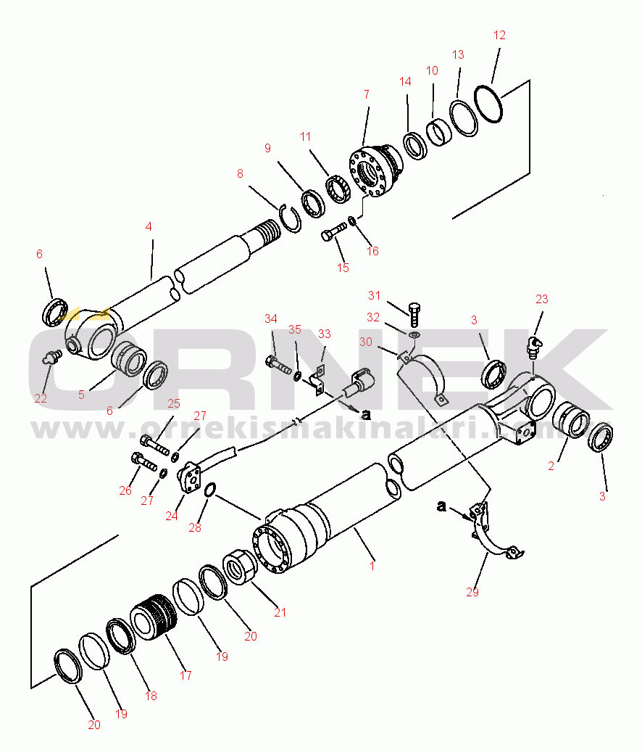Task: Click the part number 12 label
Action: pyautogui.click(x=499, y=35)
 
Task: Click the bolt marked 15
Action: pyautogui.click(x=331, y=234)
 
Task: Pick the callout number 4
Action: pyautogui.click(x=148, y=226)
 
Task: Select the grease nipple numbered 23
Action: pyautogui.click(x=533, y=344)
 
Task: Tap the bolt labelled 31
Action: pyautogui.click(x=413, y=313)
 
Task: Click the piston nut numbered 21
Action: pyautogui.click(x=241, y=566)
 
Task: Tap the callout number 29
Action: pyautogui.click(x=472, y=593)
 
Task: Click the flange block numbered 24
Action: pyautogui.click(x=190, y=477)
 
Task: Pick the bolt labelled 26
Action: pyautogui.click(x=144, y=460)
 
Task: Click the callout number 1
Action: pyautogui.click(x=372, y=565)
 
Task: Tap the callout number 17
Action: pyautogui.click(x=185, y=675)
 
